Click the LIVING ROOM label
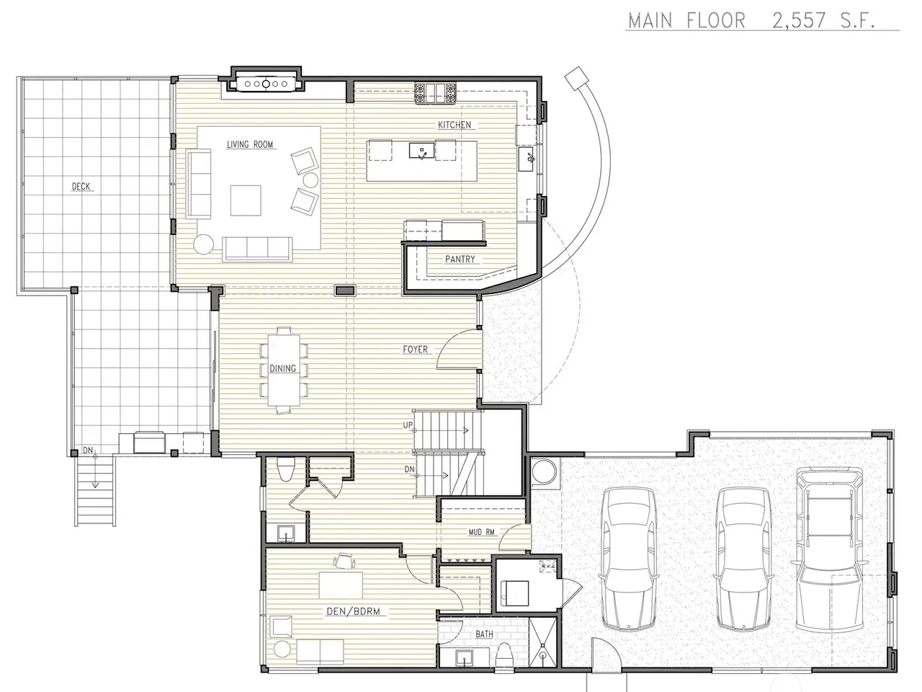[250, 145]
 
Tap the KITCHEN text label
[455, 125]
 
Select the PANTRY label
[460, 259]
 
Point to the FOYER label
[415, 349]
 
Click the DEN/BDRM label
[353, 611]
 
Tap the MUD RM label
[481, 533]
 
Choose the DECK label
[81, 186]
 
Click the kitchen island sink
[421, 151]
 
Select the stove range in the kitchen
[435, 93]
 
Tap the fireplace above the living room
[266, 84]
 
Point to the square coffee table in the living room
[246, 200]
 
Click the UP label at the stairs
[408, 425]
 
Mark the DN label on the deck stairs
[88, 451]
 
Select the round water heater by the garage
[545, 472]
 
